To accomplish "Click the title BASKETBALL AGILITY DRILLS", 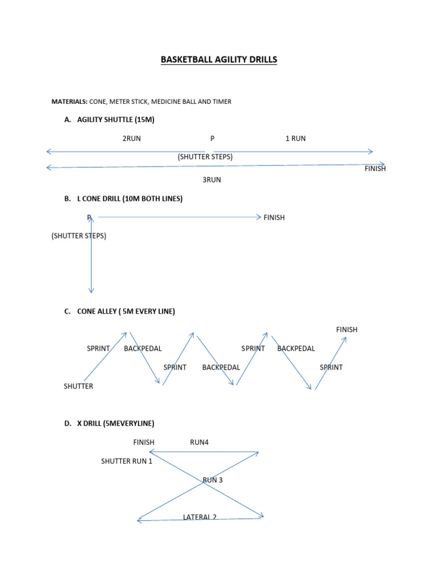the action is pos(219,59).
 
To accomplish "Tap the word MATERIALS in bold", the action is pos(69,102).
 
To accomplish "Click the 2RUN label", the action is pos(132,139).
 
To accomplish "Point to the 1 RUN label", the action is pos(295,139).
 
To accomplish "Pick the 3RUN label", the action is pos(212,180).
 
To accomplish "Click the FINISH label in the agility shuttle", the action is pos(375,169).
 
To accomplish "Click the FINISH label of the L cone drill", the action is pos(274,217).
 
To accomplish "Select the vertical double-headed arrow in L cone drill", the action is pos(91,255).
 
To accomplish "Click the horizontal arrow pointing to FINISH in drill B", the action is pos(180,217).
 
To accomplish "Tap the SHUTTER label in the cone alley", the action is pos(78,386).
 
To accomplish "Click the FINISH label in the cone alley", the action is pos(347,330).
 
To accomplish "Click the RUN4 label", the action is pos(199,443).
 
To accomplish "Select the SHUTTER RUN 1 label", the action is pos(127,461).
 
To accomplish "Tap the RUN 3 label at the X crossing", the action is pos(213,480).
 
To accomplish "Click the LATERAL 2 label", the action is pos(200,517).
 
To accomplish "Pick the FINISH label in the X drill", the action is pos(144,443).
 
